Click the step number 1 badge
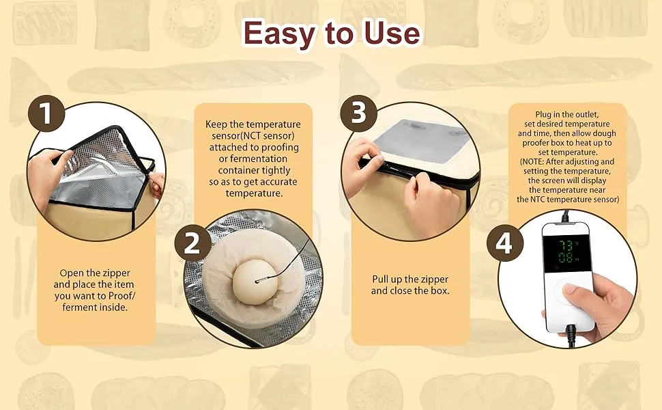[46, 113]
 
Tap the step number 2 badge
[192, 243]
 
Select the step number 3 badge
[358, 113]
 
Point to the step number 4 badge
[505, 243]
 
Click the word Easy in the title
[278, 33]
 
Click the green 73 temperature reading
[565, 245]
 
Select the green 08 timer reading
[565, 258]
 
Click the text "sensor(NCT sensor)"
[253, 136]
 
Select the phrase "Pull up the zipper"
[410, 279]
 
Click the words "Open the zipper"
[95, 273]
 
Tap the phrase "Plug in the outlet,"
[567, 114]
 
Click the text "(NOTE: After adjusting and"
[567, 161]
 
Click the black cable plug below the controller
[571, 334]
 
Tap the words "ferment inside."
[95, 307]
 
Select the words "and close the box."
[410, 291]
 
